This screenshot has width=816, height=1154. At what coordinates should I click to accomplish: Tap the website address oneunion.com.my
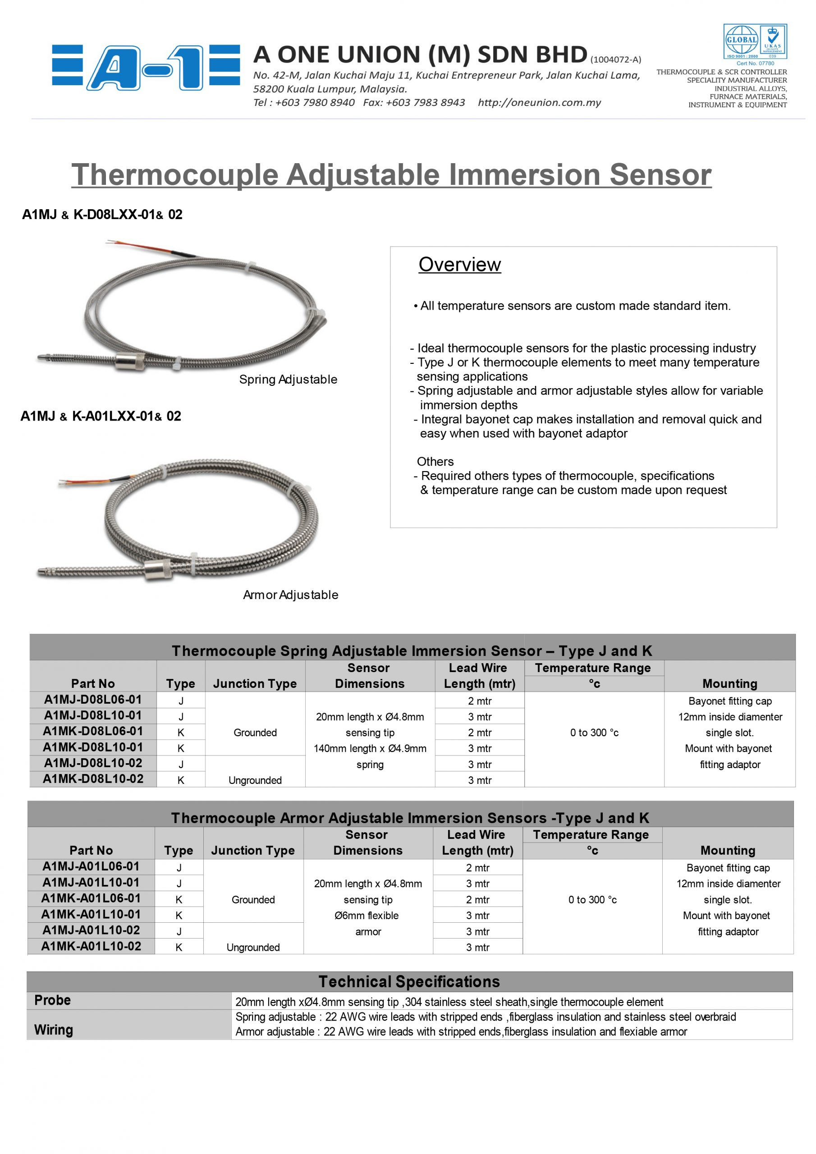(x=539, y=102)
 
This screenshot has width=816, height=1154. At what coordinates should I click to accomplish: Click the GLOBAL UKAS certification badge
(x=755, y=42)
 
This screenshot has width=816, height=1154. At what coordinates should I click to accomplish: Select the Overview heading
(x=459, y=264)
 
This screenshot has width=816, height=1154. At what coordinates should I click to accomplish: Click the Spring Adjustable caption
(x=288, y=380)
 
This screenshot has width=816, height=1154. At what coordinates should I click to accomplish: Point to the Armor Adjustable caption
(x=291, y=595)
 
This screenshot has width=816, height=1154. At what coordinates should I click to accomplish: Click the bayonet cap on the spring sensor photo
(x=130, y=361)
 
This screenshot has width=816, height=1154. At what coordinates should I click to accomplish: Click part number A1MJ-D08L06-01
(x=93, y=700)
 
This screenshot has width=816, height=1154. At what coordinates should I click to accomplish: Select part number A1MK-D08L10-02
(x=93, y=779)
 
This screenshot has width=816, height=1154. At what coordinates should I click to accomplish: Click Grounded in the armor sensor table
(x=253, y=900)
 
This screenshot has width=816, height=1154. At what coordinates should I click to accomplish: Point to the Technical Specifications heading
(x=409, y=982)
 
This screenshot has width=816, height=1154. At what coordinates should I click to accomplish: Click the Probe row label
(x=52, y=1000)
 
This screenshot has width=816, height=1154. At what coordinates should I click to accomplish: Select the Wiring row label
(x=53, y=1030)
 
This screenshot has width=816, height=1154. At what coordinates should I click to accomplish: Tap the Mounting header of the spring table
(x=729, y=683)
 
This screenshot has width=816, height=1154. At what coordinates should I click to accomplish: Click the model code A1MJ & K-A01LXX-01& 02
(x=101, y=416)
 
